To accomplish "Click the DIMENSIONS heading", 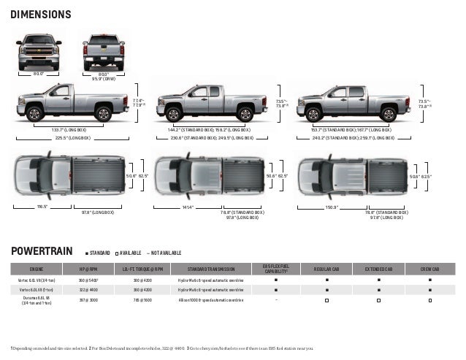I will click(41, 15).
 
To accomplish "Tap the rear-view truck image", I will click(101, 50).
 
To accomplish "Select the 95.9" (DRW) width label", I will click(102, 77).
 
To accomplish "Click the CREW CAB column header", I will click(430, 269).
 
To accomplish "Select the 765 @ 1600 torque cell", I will click(142, 299).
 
